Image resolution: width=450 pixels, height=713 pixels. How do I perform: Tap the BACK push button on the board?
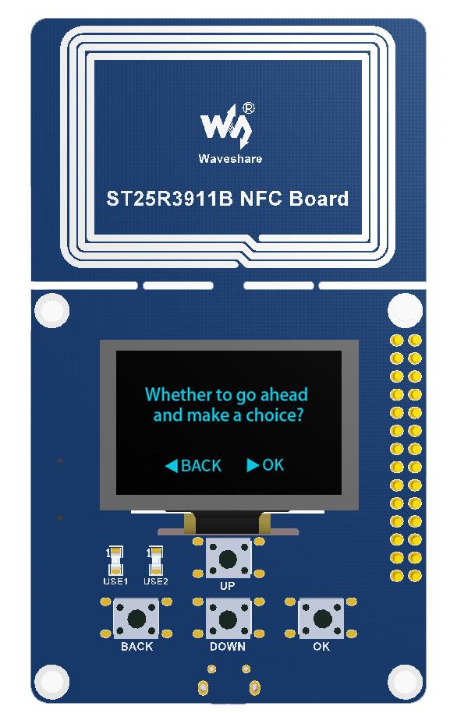tap(136, 619)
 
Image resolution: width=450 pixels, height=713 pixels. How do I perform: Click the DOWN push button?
tap(228, 619)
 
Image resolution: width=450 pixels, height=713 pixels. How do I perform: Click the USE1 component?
tap(115, 561)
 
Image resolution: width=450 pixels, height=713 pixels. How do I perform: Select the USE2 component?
tap(156, 561)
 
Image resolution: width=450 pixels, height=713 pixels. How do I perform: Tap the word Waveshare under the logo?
tap(230, 159)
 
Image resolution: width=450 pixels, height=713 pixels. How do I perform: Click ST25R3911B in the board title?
tap(169, 199)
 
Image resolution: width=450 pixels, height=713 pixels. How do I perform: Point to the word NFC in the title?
tap(260, 199)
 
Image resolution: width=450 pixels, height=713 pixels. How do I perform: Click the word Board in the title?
tap(319, 199)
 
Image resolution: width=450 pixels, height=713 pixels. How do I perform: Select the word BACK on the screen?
tap(201, 466)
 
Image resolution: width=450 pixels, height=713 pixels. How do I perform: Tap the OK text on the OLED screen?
tap(273, 464)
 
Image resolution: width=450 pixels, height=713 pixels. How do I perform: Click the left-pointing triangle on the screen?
tap(171, 466)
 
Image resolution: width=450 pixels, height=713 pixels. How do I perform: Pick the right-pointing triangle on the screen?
tap(253, 464)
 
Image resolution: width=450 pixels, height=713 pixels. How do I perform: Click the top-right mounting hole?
tap(405, 310)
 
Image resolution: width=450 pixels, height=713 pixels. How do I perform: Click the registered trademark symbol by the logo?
tap(249, 108)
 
